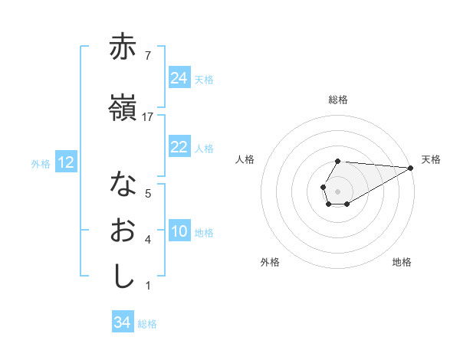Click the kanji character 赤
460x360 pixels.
(123, 47)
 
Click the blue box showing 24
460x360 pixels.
(179, 77)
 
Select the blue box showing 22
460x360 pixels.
(179, 147)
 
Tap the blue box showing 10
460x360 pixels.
(179, 231)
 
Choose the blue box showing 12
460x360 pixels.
(66, 162)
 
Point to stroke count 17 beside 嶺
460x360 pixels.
(148, 116)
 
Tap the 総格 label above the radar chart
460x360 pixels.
(338, 100)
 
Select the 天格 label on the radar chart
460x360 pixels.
(431, 159)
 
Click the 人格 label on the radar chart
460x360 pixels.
(245, 159)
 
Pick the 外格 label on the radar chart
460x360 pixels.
(270, 262)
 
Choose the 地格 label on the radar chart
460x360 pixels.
(402, 262)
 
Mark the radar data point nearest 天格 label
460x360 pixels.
(411, 168)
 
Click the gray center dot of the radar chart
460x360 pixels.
(337, 190)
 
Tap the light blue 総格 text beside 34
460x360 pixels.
(147, 324)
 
